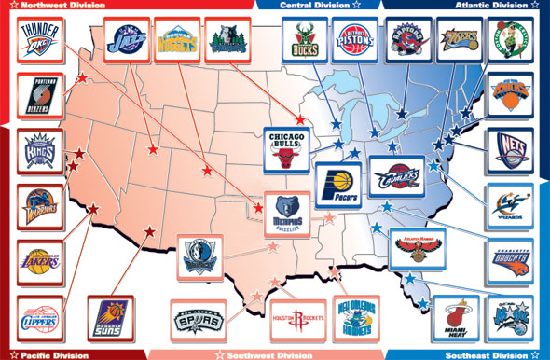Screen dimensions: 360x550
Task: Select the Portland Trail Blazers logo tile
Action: point(40,96)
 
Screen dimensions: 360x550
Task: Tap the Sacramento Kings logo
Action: point(40,153)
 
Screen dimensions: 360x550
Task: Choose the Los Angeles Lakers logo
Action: point(40,264)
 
